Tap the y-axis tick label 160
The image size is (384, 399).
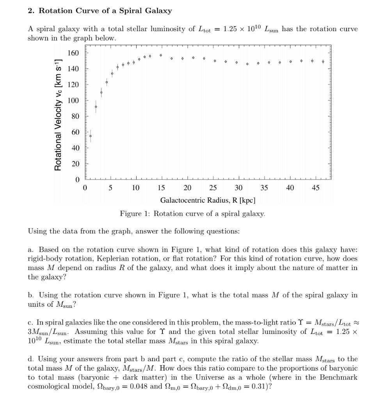74,53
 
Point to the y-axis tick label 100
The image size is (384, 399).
74,101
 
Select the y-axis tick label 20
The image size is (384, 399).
75,164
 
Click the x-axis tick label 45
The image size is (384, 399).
315,188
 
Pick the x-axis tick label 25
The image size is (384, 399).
213,188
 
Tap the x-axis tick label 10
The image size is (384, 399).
135,188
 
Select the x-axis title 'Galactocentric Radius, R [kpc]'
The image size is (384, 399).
208,200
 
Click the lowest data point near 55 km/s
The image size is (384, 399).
91,136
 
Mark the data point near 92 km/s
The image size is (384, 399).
96,106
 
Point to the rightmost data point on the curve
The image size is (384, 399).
323,62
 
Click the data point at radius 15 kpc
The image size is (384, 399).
161,55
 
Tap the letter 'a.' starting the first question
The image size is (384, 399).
31,249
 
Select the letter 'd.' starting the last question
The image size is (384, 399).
31,359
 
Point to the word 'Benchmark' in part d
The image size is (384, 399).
338,378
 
